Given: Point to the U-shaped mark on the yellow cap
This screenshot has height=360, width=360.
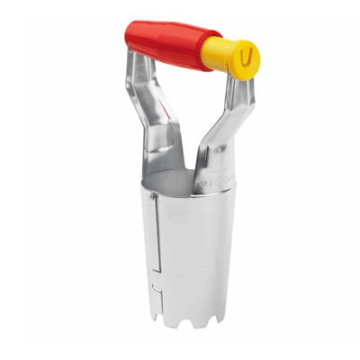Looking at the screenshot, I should (246, 57).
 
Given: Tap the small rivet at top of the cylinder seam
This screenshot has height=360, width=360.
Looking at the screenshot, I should (153, 195).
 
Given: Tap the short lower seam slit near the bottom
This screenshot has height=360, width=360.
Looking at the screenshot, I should (156, 297).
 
